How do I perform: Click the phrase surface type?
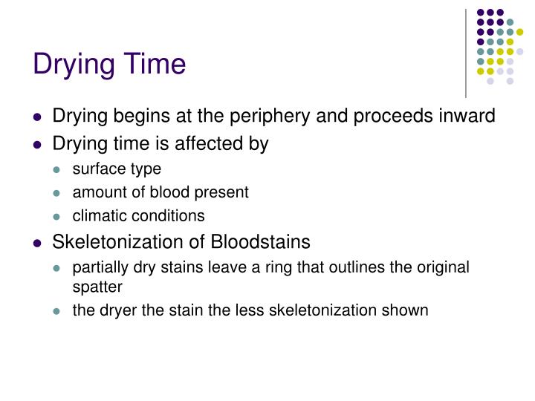coord(117,169)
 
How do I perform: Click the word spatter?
coord(96,284)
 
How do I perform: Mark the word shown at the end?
coord(408,310)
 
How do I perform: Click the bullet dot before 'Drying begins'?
coord(38,117)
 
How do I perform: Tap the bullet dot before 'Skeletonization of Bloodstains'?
coord(38,243)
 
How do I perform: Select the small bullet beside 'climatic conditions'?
coord(59,217)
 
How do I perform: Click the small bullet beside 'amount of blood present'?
coord(59,193)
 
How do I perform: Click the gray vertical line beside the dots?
coord(466,52)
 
